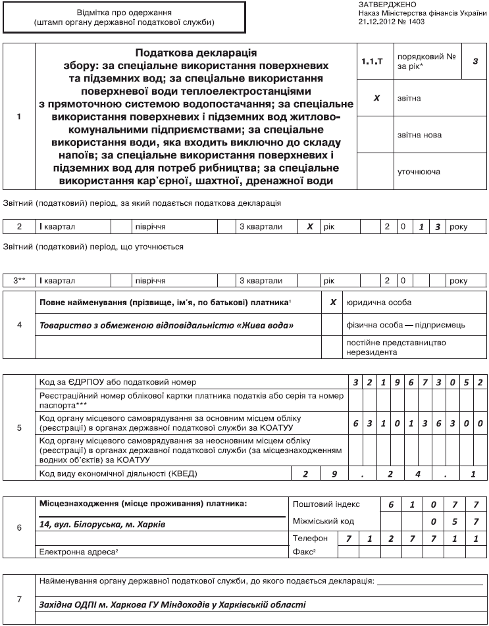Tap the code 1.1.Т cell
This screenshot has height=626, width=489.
click(372, 60)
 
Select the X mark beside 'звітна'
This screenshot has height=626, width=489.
click(376, 97)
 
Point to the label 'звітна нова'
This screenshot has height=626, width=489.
click(419, 135)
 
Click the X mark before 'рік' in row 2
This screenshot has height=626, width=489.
click(309, 226)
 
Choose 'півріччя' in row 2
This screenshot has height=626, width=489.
click(150, 226)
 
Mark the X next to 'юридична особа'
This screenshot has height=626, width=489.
click(333, 302)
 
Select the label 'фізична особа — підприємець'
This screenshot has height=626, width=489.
click(405, 325)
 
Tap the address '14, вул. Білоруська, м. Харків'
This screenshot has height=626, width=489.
click(101, 524)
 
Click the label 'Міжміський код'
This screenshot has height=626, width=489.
click(324, 521)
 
